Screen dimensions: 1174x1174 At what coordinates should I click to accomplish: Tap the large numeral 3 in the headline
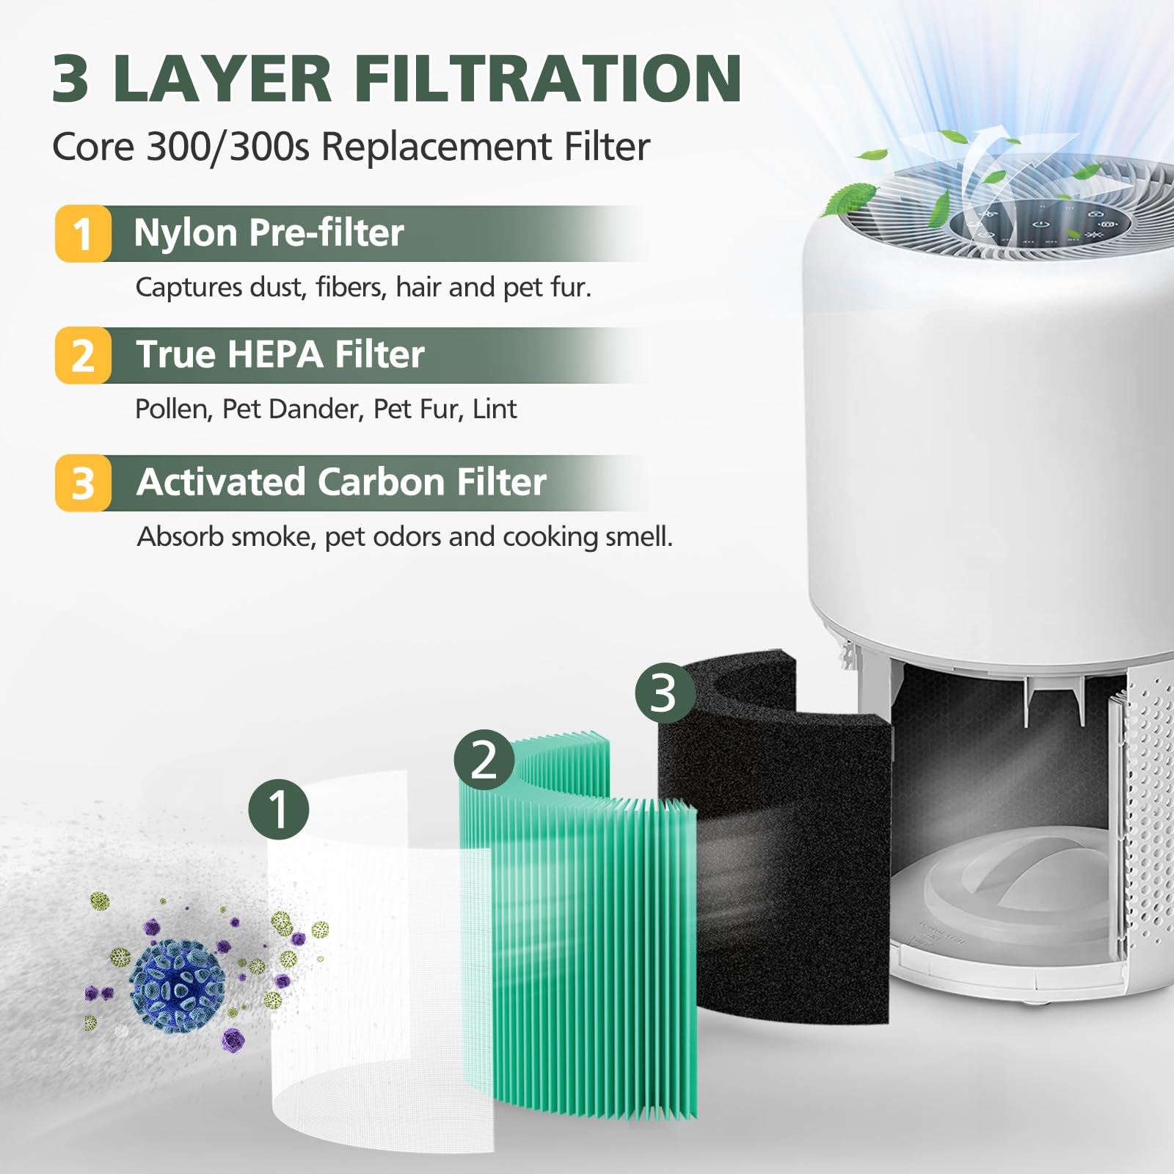71,79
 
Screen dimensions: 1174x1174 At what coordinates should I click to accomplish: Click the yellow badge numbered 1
83,234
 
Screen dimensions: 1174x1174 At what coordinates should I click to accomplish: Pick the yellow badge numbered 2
83,356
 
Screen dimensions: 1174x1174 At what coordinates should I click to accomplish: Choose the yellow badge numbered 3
83,484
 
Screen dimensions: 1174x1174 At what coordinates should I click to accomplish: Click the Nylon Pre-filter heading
269,233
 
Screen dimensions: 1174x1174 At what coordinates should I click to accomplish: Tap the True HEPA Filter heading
280,354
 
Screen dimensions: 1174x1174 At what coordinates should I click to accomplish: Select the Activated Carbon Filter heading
341,482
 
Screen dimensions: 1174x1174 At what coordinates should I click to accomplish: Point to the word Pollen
173,409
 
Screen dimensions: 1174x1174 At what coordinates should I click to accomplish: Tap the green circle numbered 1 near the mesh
279,809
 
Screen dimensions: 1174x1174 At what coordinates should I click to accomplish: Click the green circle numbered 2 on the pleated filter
484,759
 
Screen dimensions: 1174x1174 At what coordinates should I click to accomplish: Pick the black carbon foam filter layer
792,880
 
